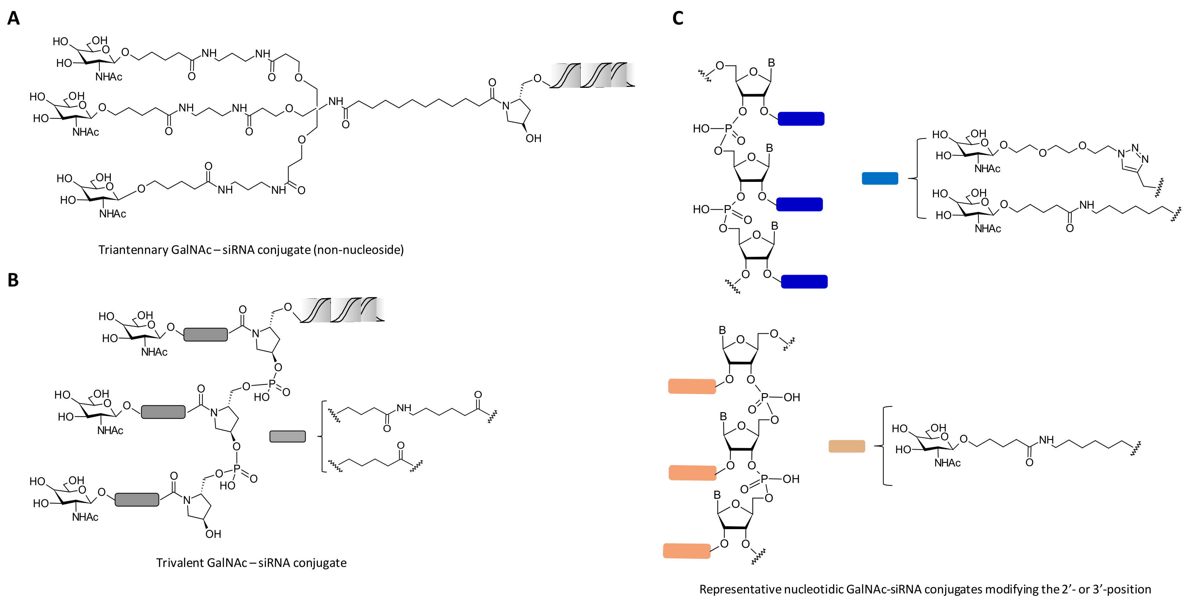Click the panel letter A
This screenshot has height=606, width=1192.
[x=14, y=18]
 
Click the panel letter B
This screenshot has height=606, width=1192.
[x=13, y=280]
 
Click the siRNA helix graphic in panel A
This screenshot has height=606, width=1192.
[x=592, y=76]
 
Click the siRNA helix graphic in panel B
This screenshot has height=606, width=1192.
[x=343, y=310]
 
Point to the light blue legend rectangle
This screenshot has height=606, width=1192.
[x=880, y=178]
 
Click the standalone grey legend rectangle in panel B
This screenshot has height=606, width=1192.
[x=287, y=436]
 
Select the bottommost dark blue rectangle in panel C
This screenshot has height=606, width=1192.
[x=804, y=281]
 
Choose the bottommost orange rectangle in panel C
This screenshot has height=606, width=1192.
[x=687, y=551]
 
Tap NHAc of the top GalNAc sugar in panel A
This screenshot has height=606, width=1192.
[x=109, y=77]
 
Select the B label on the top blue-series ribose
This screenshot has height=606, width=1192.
[x=771, y=62]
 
